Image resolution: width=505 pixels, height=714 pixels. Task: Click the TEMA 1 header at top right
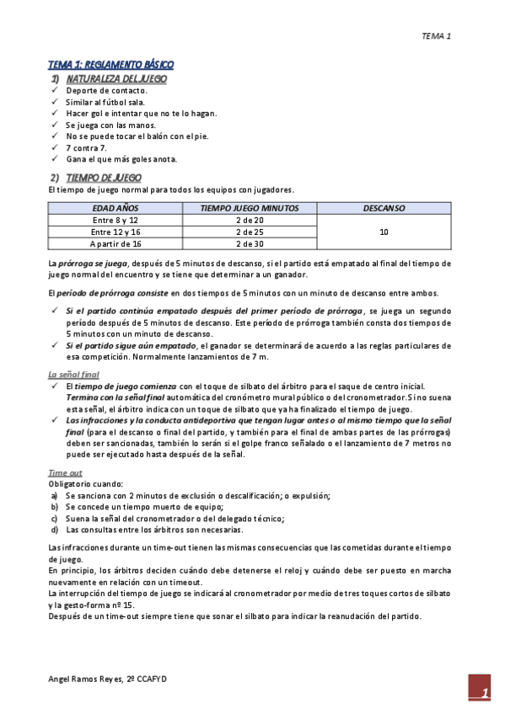point(437,36)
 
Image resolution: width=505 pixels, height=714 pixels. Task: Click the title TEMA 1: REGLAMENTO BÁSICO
point(110,65)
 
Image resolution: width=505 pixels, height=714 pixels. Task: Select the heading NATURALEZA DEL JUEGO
point(116,78)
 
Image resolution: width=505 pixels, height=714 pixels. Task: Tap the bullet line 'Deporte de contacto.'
point(106,90)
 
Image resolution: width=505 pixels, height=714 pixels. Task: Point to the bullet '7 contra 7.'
point(86,147)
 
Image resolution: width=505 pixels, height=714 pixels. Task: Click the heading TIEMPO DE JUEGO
point(103,178)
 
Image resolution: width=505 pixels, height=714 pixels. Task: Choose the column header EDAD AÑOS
point(115,207)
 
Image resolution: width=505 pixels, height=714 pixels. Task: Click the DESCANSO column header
point(384,207)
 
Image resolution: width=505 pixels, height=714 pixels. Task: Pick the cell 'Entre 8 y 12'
point(115,220)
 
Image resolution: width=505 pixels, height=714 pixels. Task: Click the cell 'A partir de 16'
point(115,243)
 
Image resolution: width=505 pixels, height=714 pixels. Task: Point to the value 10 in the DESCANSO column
point(384,232)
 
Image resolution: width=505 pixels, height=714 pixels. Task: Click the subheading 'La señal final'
point(73,374)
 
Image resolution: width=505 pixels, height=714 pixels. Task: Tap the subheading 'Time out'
point(65,473)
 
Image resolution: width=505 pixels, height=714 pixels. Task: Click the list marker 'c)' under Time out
point(55,519)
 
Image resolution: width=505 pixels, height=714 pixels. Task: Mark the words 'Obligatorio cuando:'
point(87,484)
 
